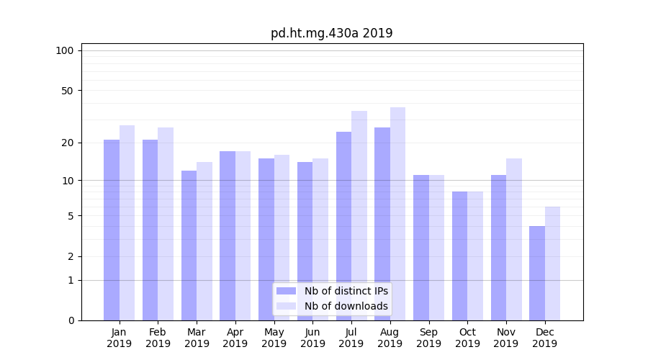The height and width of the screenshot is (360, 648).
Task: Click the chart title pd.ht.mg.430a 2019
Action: [331, 33]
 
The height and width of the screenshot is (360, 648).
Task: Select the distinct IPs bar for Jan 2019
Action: [112, 230]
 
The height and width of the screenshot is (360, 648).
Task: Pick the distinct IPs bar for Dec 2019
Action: [537, 274]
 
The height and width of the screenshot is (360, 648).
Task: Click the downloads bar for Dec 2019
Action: [553, 264]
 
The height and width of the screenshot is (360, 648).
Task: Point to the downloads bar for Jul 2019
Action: [359, 216]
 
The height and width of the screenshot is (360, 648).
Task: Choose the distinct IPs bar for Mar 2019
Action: [189, 246]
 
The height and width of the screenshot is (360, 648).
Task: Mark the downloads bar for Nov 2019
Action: [514, 240]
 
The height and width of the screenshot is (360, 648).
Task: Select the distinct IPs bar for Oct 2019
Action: [460, 256]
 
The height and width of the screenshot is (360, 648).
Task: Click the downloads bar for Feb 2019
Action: [166, 224]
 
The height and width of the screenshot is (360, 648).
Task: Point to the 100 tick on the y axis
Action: [65, 50]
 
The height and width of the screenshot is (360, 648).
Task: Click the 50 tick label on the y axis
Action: [67, 91]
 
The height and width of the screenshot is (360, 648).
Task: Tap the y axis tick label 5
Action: [70, 216]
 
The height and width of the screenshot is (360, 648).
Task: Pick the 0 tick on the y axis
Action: [70, 320]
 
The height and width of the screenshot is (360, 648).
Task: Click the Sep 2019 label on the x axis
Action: [428, 338]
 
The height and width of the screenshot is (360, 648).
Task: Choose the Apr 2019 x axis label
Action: [235, 338]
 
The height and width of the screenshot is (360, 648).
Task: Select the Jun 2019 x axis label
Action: [312, 338]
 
